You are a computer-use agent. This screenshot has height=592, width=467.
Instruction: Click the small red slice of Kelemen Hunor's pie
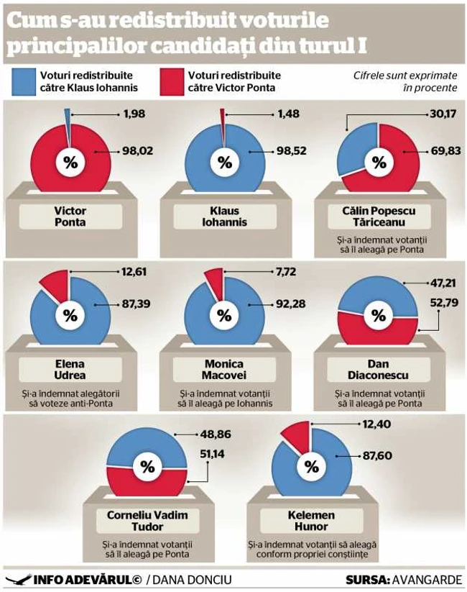tap(297, 434)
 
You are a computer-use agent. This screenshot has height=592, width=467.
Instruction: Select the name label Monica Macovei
tap(224, 370)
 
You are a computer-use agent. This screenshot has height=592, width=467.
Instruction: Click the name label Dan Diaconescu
tap(377, 370)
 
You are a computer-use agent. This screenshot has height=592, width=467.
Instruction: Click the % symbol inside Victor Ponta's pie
tap(70, 162)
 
